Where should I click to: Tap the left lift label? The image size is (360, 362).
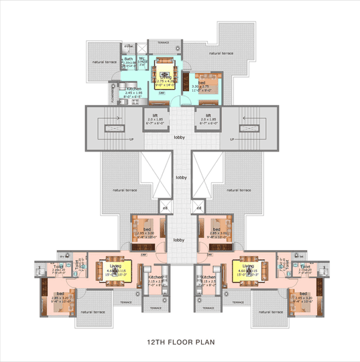154,115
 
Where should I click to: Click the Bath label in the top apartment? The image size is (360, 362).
128,58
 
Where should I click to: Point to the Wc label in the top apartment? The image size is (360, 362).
142,58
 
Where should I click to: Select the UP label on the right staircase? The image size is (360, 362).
232,139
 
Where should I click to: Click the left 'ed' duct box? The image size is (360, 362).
164,207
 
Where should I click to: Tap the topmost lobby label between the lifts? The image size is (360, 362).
180,137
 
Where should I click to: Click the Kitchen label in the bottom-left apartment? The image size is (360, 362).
156,277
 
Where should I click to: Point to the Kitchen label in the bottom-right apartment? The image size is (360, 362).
208,277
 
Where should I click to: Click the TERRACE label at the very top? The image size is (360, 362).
164,42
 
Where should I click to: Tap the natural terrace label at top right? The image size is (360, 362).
222,53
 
